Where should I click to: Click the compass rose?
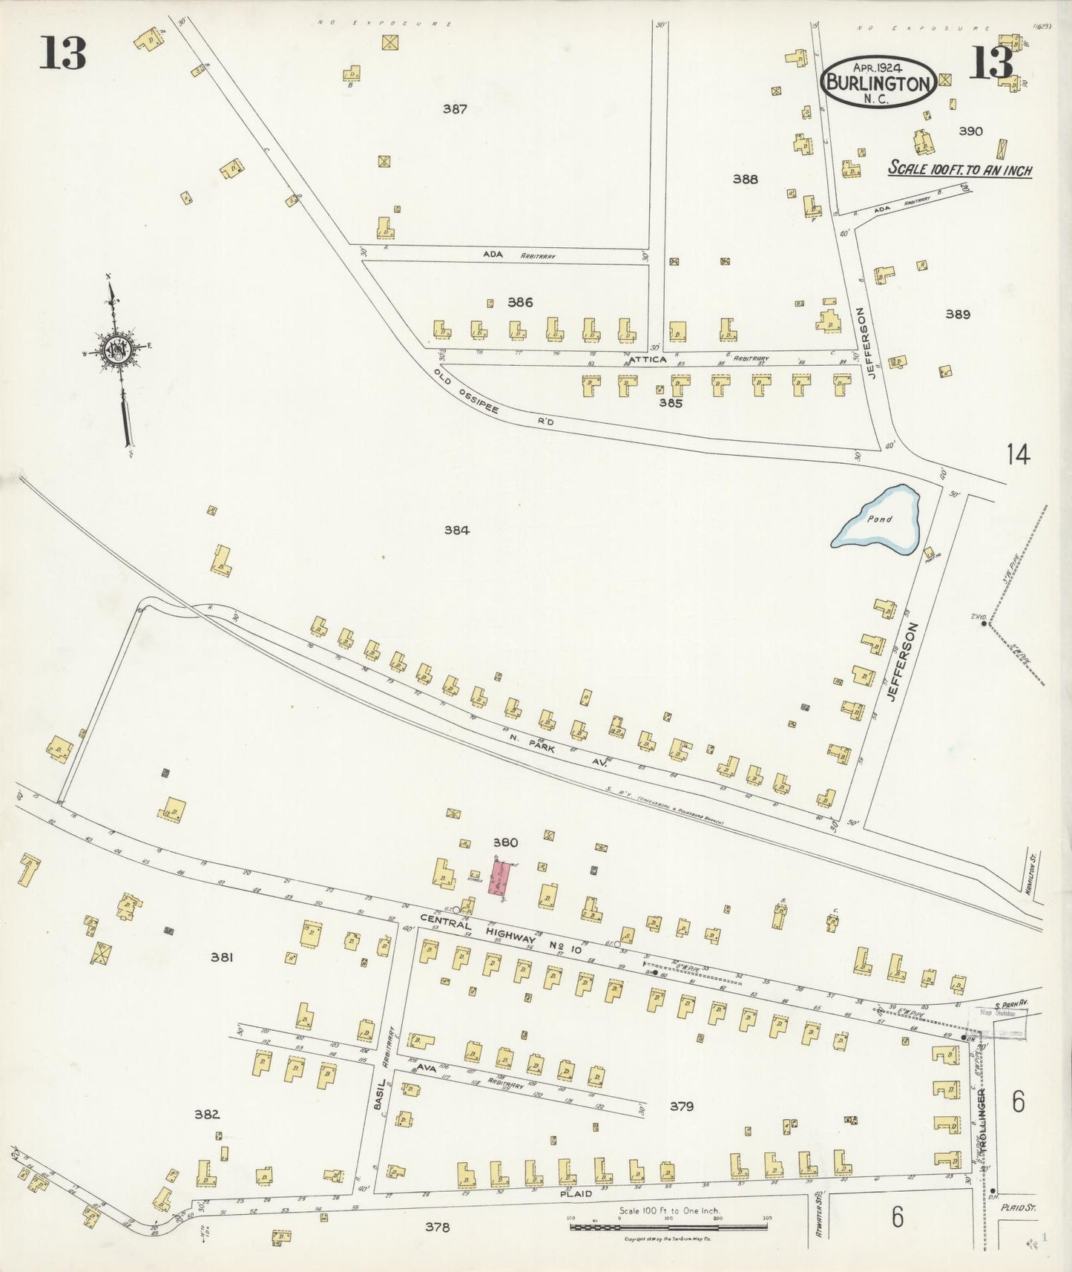(117, 350)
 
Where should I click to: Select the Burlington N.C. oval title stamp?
(878, 82)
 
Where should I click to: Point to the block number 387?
(455, 109)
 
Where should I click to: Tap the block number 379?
(681, 1107)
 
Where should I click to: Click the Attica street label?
(648, 359)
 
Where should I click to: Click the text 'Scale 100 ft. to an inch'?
(960, 169)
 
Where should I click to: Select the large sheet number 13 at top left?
(63, 54)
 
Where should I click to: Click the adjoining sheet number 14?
(1018, 453)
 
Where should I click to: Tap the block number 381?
(221, 957)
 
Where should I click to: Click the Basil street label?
(378, 1092)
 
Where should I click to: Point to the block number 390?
(970, 131)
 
